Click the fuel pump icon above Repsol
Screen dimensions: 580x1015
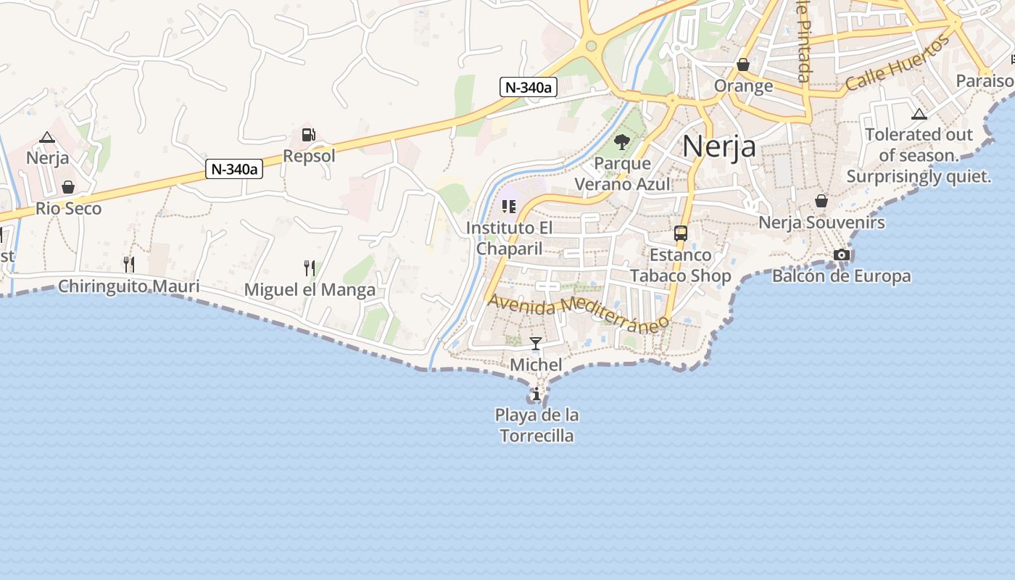(308, 135)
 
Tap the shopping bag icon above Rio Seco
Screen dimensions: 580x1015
(68, 187)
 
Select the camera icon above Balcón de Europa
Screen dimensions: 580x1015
(841, 254)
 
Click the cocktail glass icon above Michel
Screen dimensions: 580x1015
(536, 343)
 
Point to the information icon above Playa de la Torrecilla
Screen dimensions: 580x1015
(536, 394)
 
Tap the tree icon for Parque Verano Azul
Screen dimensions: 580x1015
(621, 141)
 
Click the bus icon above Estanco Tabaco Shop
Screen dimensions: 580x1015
(680, 233)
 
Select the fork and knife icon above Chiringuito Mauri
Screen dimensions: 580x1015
(128, 264)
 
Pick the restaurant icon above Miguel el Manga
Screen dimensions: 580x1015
(310, 268)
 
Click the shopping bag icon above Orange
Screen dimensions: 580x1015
(743, 65)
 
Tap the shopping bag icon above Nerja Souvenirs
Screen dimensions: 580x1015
(821, 201)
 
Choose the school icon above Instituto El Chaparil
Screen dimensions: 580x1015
(509, 207)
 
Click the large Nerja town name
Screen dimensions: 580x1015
(719, 146)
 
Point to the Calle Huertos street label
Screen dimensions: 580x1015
(897, 63)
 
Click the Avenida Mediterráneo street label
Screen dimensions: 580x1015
(578, 312)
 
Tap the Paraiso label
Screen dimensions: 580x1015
(985, 80)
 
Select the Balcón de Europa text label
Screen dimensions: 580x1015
(841, 276)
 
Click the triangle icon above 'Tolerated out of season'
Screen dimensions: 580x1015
(919, 114)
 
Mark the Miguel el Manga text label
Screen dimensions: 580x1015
(310, 290)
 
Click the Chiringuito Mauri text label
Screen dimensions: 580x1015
(128, 286)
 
